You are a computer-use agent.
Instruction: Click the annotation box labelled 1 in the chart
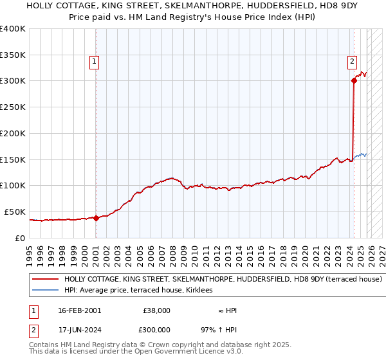[x=94, y=62]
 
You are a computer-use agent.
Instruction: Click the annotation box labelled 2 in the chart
[x=353, y=62]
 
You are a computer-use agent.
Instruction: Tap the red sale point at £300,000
[x=354, y=80]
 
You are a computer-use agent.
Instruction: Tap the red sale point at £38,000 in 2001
[x=96, y=218]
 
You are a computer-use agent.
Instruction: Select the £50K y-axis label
[x=15, y=212]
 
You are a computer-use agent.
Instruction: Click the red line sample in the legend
[x=45, y=280]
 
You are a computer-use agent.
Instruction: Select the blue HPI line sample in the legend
[x=45, y=291]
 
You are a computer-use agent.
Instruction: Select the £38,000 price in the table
[x=156, y=310]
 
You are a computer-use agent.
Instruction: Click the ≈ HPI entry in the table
[x=227, y=310]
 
